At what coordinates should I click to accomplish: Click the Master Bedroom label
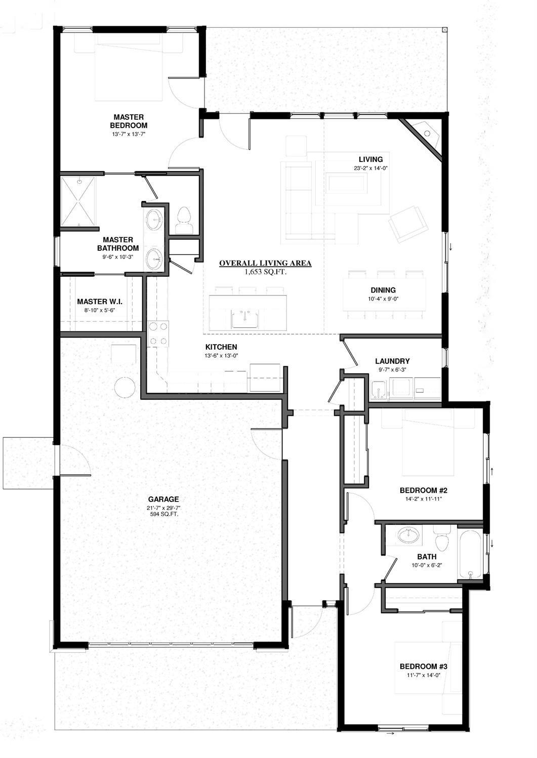[x=129, y=121]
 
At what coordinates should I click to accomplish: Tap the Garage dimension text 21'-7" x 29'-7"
[x=163, y=508]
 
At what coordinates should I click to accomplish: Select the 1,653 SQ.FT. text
[x=265, y=272]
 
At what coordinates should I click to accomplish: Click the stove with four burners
[x=157, y=334]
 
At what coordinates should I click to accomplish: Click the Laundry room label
[x=392, y=361]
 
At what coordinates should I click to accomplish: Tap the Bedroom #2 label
[x=423, y=490]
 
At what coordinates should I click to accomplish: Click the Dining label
[x=383, y=290]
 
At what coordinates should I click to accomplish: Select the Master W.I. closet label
[x=100, y=301]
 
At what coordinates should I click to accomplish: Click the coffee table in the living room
[x=346, y=183]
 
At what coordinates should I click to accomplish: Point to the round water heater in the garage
[x=125, y=388]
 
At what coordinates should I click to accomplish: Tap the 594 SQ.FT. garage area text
[x=163, y=514]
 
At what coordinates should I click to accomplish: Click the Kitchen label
[x=221, y=347]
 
